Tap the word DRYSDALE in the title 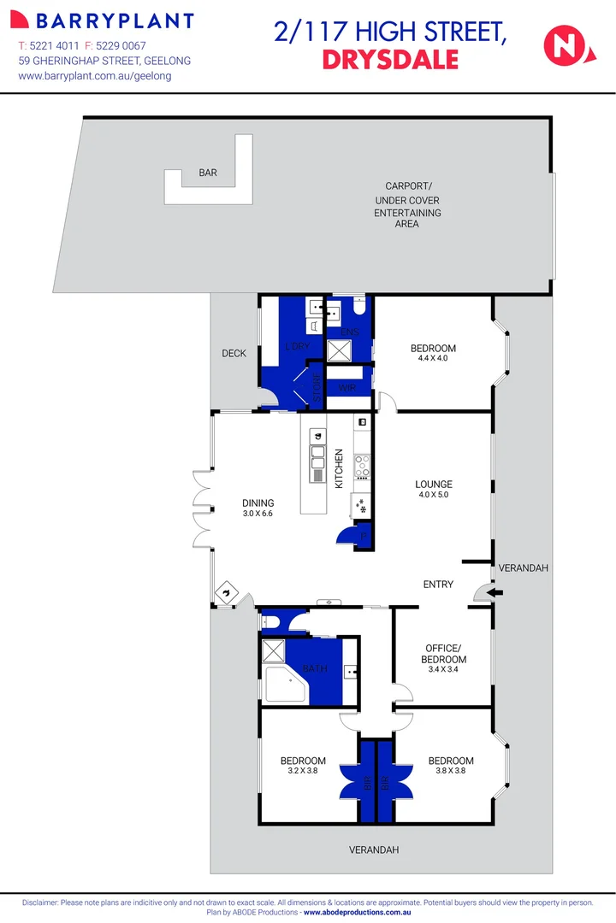tap(390, 60)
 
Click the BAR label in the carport tap(208, 173)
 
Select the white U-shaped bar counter tap(210, 185)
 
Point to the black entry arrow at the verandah tap(496, 592)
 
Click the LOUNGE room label tap(433, 485)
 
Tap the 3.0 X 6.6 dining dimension tap(258, 514)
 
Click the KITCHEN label tap(339, 468)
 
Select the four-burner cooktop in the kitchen tap(362, 465)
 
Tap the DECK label tap(234, 353)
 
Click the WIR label tap(346, 388)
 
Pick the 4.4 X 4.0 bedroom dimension tap(433, 358)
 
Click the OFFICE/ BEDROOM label tap(444, 654)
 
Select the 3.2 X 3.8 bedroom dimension tap(303, 771)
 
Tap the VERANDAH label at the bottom tap(374, 850)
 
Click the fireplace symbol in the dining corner tap(226, 591)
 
